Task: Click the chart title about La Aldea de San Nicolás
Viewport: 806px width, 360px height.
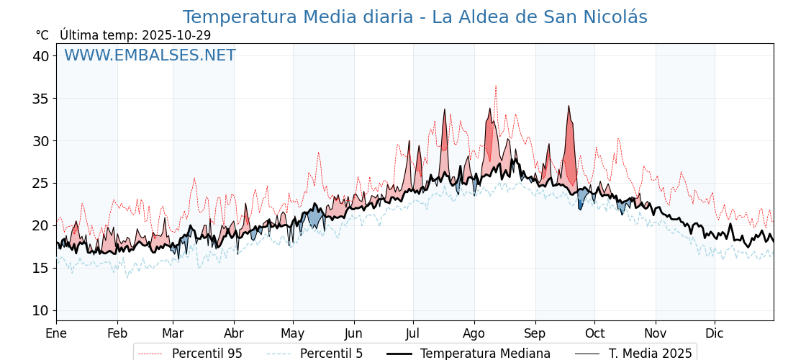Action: pos(415,17)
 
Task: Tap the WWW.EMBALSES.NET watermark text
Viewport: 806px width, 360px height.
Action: pos(150,55)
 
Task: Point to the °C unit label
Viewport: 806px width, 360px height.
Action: pos(42,35)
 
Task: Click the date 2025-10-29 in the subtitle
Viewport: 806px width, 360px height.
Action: pos(176,35)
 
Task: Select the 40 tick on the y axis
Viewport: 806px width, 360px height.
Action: pos(40,56)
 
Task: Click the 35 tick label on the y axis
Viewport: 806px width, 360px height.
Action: pos(40,99)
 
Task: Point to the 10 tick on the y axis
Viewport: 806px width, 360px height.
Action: pos(40,310)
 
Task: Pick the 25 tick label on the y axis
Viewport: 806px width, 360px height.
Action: pos(40,183)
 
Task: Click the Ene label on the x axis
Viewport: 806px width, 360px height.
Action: pos(56,333)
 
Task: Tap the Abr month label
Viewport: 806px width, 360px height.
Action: pos(234,333)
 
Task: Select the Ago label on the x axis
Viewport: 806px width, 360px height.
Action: pos(474,333)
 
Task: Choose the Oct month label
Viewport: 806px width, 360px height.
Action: pos(594,333)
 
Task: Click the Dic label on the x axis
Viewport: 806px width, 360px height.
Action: pos(715,333)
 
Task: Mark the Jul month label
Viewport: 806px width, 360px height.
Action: pos(413,333)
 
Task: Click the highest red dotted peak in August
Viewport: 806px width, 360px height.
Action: pos(496,86)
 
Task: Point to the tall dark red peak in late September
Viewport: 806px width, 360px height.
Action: pos(569,107)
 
